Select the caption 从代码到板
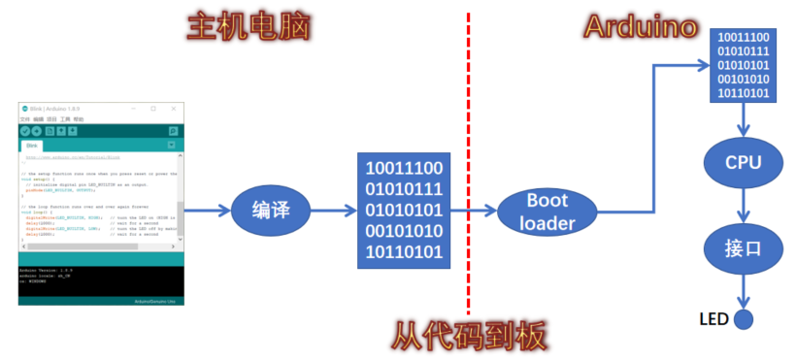[x=470, y=336]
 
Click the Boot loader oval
[x=547, y=213]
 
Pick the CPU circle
[x=743, y=163]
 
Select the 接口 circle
[x=743, y=246]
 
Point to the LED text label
[x=713, y=319]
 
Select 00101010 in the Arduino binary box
[x=743, y=79]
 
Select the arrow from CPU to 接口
[x=744, y=205]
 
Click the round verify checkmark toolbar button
[x=25, y=130]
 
